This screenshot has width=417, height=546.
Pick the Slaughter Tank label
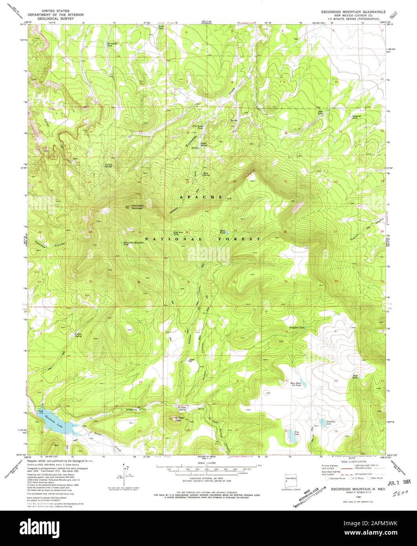[296, 327]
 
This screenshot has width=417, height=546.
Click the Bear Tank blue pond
[227, 233]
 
